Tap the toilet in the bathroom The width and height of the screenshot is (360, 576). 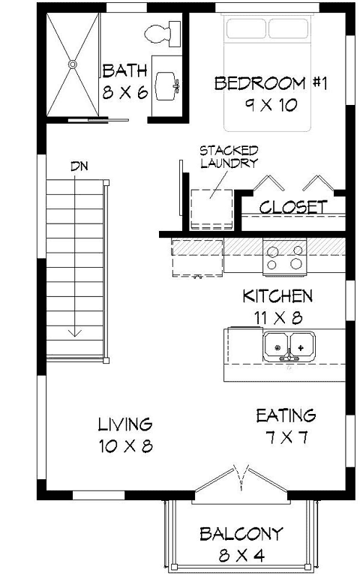[x=160, y=34]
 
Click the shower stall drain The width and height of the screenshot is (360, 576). [x=73, y=64]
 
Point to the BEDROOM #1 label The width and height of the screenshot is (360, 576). [x=271, y=82]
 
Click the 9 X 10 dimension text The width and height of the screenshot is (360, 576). [x=271, y=105]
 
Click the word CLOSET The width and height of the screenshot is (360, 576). [x=293, y=207]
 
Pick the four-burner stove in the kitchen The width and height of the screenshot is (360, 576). [x=286, y=257]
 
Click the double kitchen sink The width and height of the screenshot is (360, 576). [x=289, y=347]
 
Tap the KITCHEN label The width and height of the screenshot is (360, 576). [x=277, y=295]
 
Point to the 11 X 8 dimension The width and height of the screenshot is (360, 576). [x=277, y=318]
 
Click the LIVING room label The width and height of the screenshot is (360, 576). [x=125, y=425]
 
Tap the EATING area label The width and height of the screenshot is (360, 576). [x=286, y=415]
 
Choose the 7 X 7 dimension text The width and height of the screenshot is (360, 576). [x=286, y=437]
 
